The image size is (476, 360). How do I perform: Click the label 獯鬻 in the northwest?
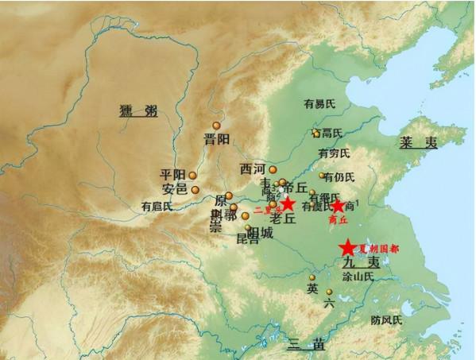(x=137, y=110)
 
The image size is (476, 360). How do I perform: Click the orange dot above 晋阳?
(x=216, y=126)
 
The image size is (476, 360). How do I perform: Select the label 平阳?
(x=172, y=175)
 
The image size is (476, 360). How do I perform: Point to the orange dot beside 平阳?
(x=192, y=176)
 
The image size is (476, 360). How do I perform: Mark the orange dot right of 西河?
(x=273, y=169)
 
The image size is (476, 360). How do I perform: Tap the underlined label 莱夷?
(x=417, y=143)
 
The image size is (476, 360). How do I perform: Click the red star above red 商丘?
(x=338, y=207)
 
